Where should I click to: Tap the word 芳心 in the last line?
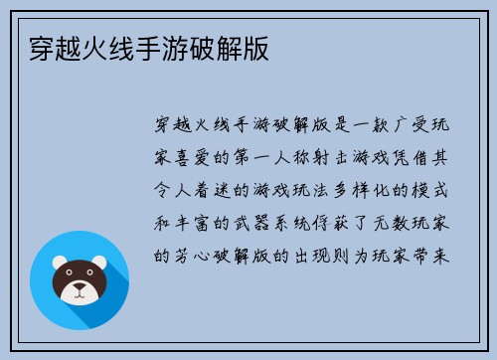(194, 254)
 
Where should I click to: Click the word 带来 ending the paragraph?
(440, 254)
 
